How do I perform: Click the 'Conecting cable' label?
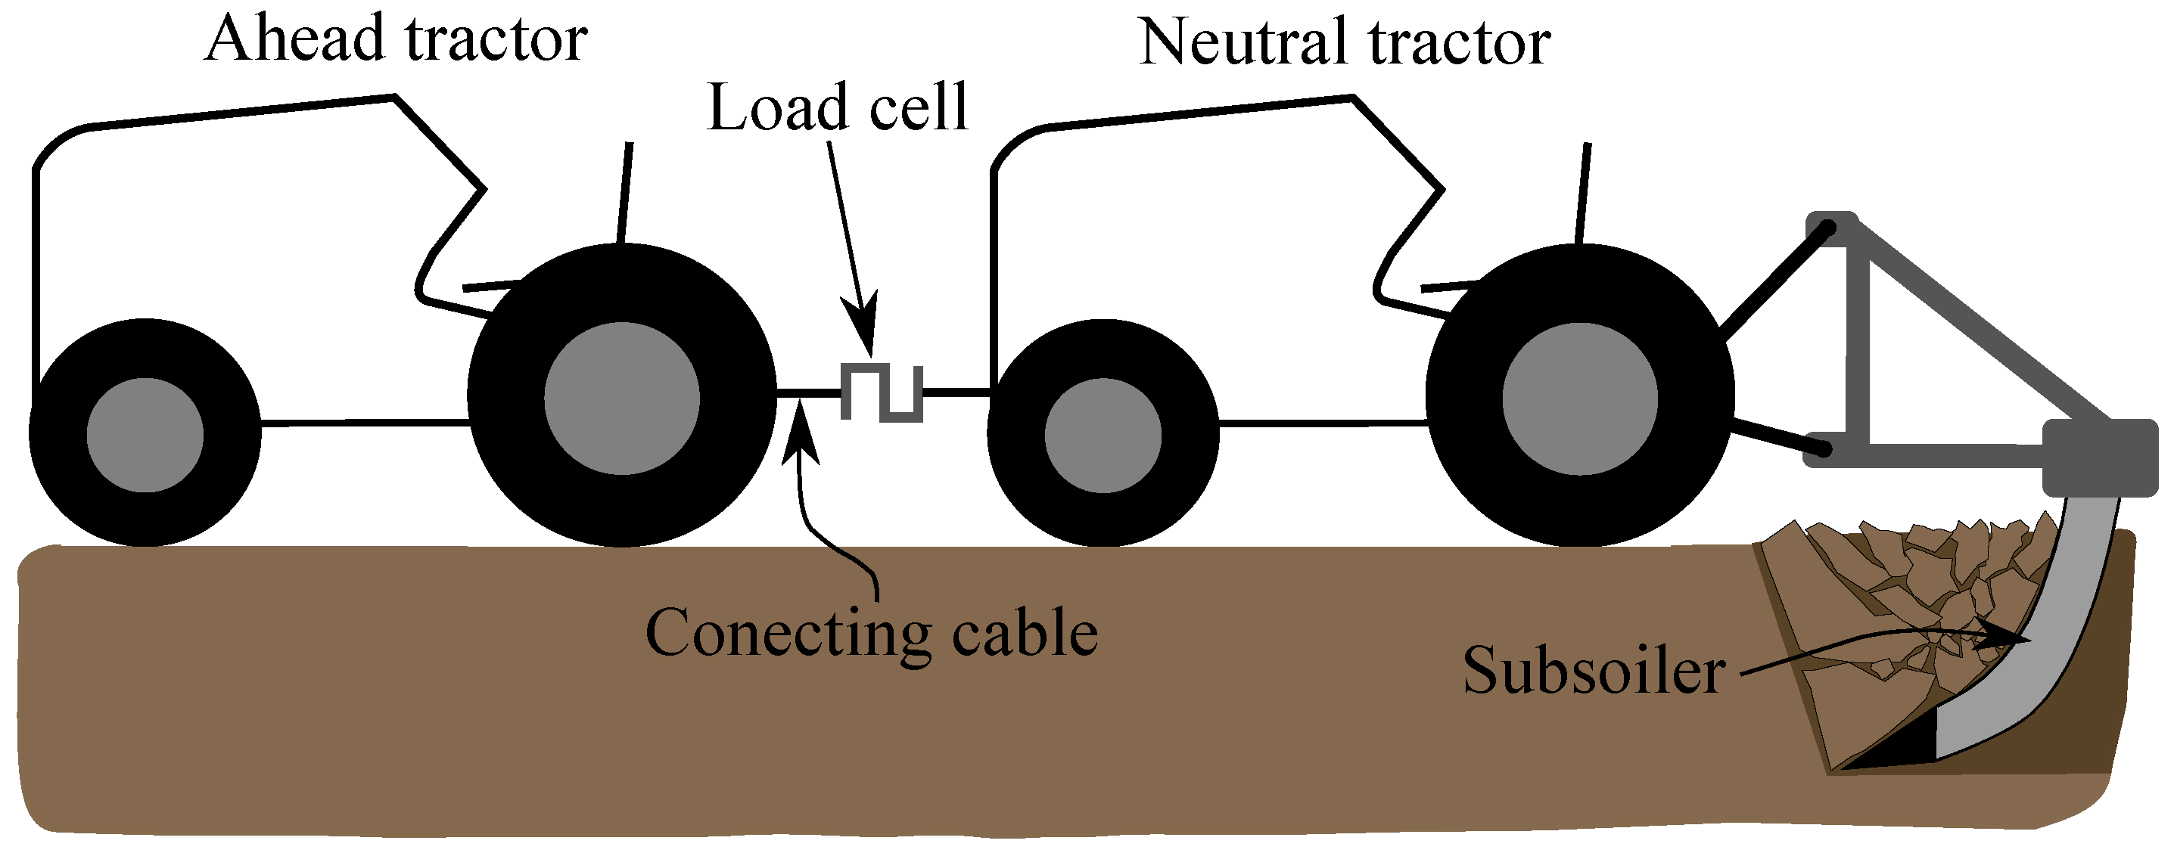click(871, 633)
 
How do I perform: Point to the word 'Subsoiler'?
click(1594, 671)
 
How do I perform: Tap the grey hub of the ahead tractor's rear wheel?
click(621, 399)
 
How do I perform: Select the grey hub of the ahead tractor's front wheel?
click(145, 436)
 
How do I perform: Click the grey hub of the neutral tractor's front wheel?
click(1103, 436)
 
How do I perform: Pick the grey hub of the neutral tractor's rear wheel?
click(1580, 399)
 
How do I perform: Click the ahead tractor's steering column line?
click(625, 192)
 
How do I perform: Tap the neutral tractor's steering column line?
click(1583, 192)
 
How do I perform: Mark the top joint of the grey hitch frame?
click(1831, 228)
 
